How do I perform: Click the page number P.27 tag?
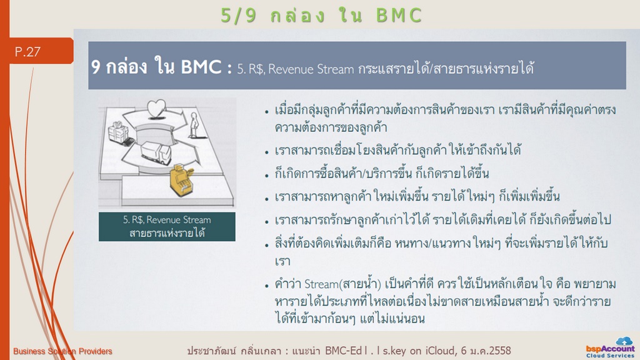pyautogui.click(x=41, y=51)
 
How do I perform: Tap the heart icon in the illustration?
pyautogui.click(x=156, y=109)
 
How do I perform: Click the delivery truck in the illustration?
pyautogui.click(x=156, y=152)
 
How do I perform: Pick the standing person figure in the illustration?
pyautogui.click(x=194, y=125)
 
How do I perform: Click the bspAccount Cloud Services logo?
pyautogui.click(x=610, y=347)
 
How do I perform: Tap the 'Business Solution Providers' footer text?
pyautogui.click(x=62, y=351)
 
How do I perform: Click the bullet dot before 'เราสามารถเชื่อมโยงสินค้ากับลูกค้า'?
pyautogui.click(x=266, y=152)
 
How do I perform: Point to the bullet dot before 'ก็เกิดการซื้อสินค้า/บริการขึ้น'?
pyautogui.click(x=266, y=176)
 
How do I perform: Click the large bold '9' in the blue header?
pyautogui.click(x=96, y=67)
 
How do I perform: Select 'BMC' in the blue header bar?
pyautogui.click(x=201, y=67)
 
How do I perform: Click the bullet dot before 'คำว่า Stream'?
pyautogui.click(x=266, y=286)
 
